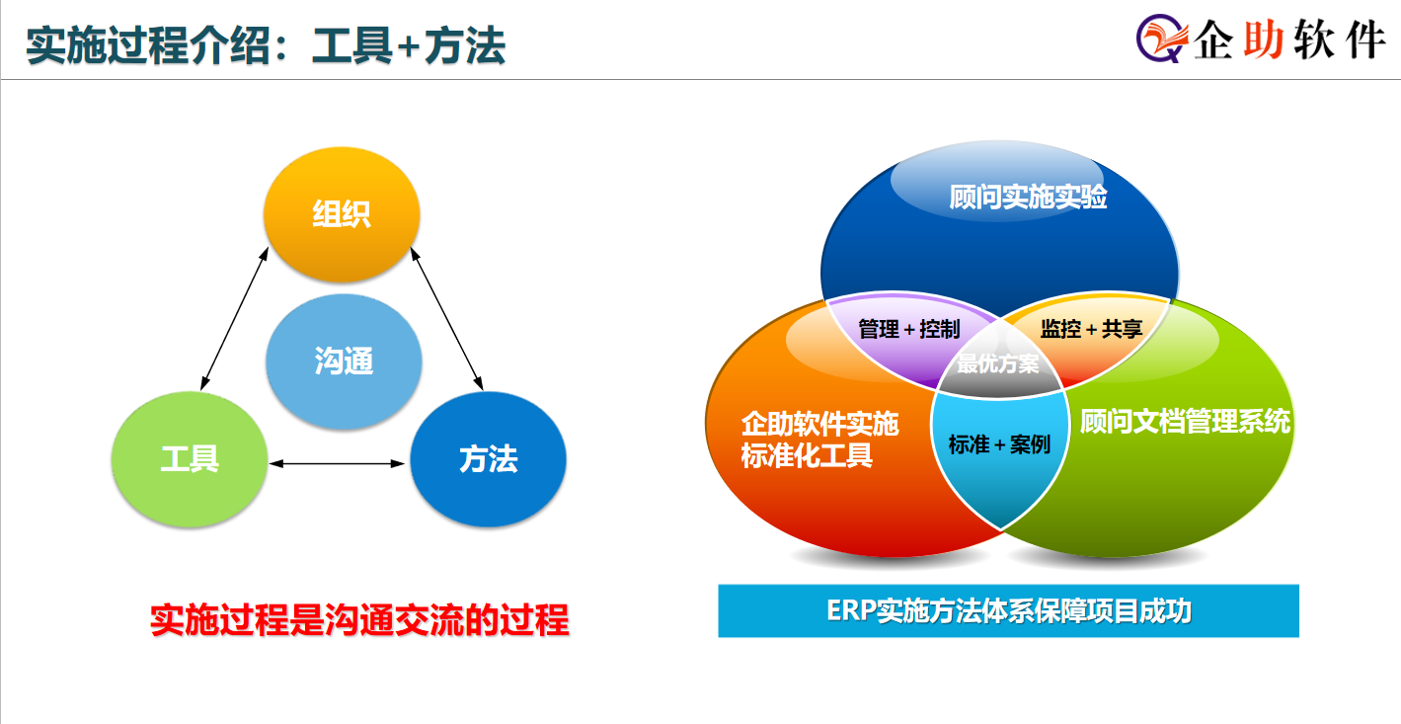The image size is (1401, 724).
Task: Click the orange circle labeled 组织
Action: [342, 214]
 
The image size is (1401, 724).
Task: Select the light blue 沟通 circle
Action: [344, 362]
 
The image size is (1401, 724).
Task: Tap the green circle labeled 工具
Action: [190, 459]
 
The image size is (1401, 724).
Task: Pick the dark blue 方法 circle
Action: [488, 459]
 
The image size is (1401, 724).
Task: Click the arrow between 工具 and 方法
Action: [337, 463]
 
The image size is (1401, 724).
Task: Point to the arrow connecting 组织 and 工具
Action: [235, 318]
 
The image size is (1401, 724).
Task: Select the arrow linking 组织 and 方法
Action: [446, 318]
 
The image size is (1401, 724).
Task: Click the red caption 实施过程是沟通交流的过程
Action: [359, 620]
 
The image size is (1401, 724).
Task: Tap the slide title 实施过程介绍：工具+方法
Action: [266, 45]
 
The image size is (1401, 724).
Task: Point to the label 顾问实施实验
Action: [1028, 197]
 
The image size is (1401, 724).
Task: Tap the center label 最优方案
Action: [997, 363]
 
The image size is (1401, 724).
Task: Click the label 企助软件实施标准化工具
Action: [819, 440]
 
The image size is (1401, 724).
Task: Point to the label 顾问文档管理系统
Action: [1185, 421]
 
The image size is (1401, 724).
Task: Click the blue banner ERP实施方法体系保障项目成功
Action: [1008, 610]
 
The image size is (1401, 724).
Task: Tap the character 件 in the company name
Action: [1366, 40]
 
